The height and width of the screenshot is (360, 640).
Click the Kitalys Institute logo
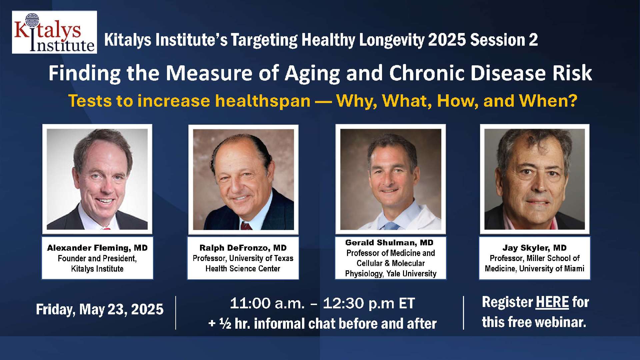[x=54, y=32]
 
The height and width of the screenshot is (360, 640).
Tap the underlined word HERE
[x=552, y=302]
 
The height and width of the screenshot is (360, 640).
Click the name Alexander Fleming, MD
[x=97, y=248]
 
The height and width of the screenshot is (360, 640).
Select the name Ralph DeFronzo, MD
[x=243, y=248]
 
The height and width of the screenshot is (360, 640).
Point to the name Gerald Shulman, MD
[x=389, y=242]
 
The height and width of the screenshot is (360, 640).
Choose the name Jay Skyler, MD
[x=535, y=248]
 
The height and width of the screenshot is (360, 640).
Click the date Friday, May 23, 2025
[x=100, y=309]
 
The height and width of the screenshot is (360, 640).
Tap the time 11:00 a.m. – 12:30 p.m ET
[x=322, y=303]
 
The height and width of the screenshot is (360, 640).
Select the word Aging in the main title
[x=312, y=73]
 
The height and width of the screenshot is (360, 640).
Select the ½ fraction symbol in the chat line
[x=225, y=323]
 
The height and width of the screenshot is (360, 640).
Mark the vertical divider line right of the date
[x=176, y=313]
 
